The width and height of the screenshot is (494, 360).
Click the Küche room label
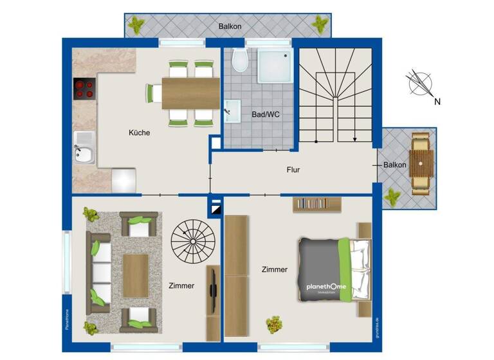pos(139,133)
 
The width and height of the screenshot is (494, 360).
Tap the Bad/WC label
pos(264,115)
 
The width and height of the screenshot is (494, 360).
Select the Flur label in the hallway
pos(294,170)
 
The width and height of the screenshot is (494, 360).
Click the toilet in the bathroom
pos(239,60)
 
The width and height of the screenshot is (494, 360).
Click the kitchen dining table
pos(190,93)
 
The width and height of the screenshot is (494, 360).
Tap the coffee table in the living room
pos(135,273)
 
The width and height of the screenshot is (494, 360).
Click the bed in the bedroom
pos(334,269)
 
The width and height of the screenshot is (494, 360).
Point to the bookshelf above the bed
pos(317,204)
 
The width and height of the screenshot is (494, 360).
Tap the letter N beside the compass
pos(437,102)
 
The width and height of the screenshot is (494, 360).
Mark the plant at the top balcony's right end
pos(319,24)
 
